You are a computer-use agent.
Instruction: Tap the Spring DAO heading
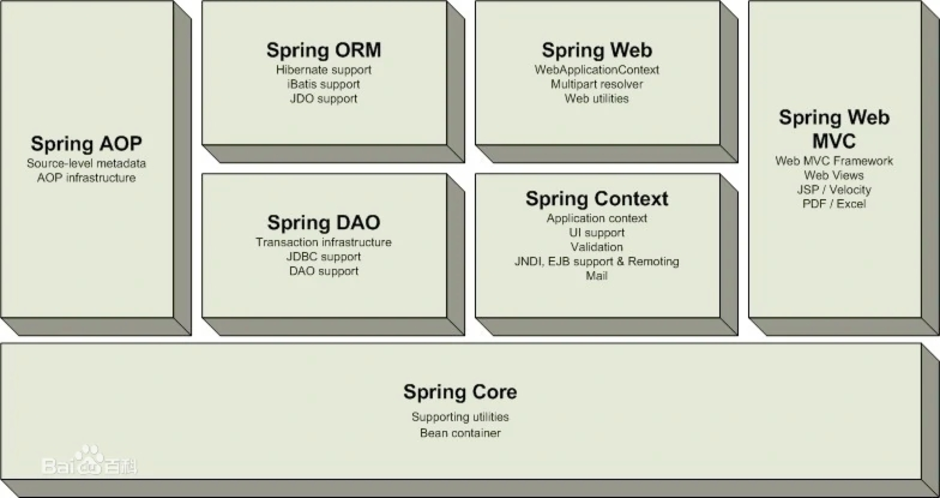(324, 223)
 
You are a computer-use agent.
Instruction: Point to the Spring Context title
(596, 199)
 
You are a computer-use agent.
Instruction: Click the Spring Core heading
(460, 392)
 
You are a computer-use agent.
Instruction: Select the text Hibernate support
(324, 70)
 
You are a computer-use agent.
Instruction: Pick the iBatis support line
(324, 84)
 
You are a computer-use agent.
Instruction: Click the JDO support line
(324, 98)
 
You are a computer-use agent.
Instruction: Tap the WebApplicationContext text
(596, 70)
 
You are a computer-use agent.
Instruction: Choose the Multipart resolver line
(596, 84)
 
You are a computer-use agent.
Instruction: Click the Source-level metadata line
(86, 163)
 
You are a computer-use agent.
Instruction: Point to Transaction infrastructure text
(324, 242)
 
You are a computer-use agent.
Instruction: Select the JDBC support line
(324, 257)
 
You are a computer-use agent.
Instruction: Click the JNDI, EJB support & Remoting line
(596, 262)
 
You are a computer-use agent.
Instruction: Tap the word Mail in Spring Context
(596, 276)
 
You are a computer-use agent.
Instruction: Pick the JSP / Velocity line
(834, 190)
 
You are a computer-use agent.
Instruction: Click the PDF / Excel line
(834, 204)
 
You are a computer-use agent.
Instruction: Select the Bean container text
(460, 433)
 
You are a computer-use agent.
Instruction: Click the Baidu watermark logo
(89, 461)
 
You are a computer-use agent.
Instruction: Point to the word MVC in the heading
(834, 141)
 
